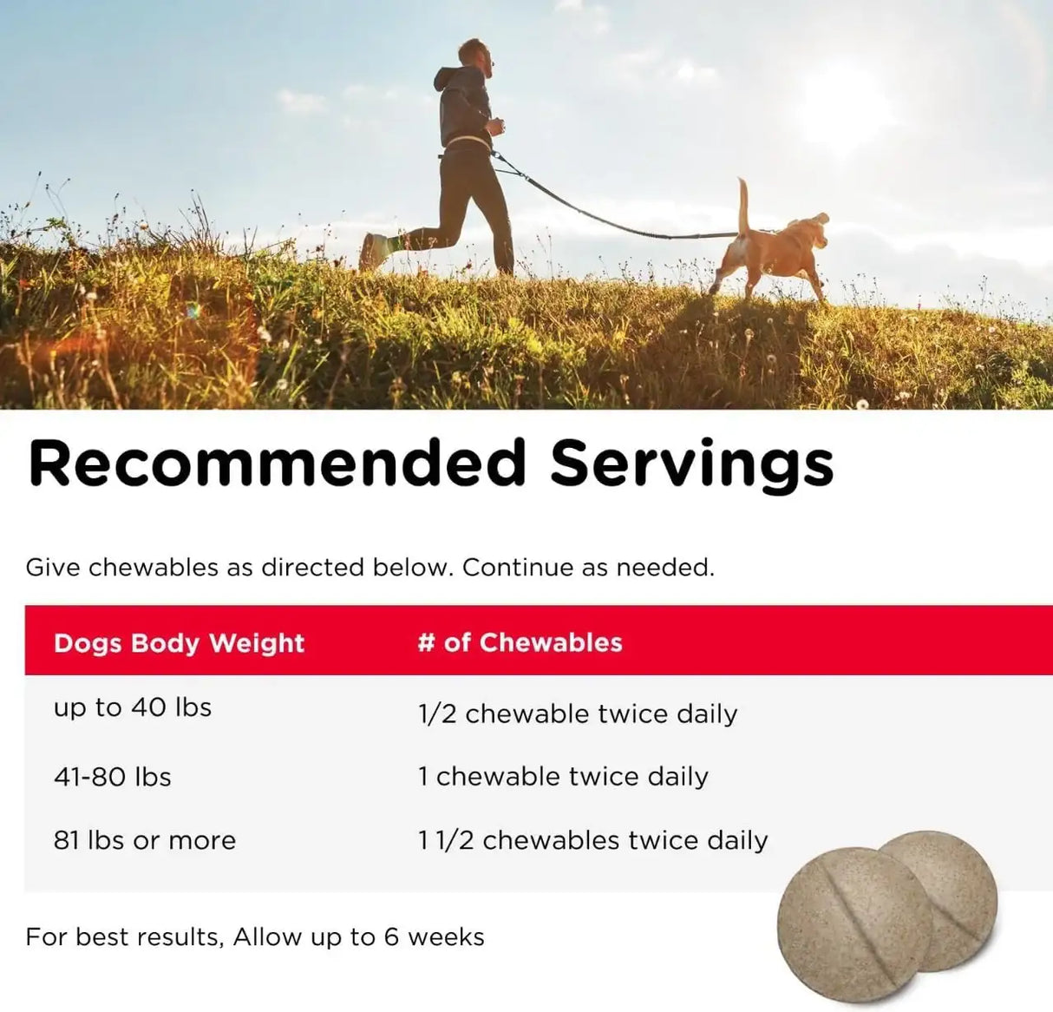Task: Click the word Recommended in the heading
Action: [x=277, y=463]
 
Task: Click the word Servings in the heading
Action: [x=691, y=464]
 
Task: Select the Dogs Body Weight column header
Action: [x=179, y=643]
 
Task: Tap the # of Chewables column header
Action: [x=520, y=642]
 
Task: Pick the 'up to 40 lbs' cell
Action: [x=133, y=707]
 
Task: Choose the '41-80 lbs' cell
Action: [x=113, y=776]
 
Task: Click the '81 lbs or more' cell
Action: [x=145, y=840]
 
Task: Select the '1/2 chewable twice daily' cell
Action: [x=578, y=713]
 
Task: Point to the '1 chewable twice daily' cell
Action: [x=563, y=776]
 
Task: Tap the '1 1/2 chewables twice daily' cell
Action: [x=592, y=840]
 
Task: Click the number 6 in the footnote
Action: [x=392, y=937]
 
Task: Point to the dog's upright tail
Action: [x=744, y=205]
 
